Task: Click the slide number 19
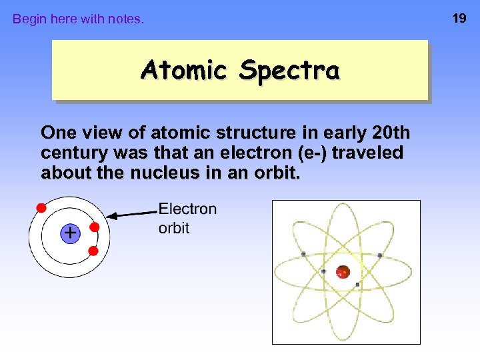click(x=459, y=18)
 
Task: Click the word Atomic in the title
click(x=184, y=69)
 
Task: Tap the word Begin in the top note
click(x=29, y=19)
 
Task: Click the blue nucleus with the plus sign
click(x=69, y=233)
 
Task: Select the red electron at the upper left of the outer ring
click(x=41, y=207)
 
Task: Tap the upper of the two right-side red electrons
click(x=95, y=227)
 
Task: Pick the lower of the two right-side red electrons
click(x=93, y=251)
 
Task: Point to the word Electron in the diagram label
click(x=187, y=209)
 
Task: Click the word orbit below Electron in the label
click(x=174, y=228)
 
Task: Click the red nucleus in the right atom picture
click(x=343, y=271)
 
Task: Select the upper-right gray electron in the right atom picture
click(x=379, y=255)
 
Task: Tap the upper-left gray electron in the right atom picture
click(x=303, y=254)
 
